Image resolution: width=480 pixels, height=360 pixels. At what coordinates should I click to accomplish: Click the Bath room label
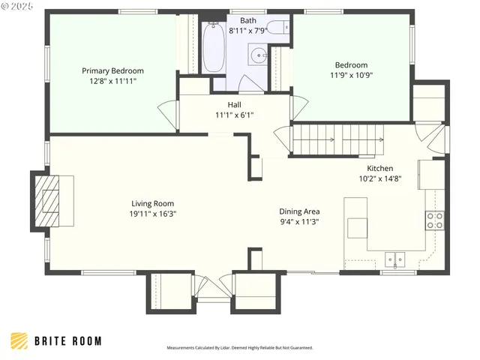point(247,20)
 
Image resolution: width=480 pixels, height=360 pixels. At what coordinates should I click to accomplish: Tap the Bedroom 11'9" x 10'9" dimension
point(352,75)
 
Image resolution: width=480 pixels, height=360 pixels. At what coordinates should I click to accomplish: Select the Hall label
point(234,105)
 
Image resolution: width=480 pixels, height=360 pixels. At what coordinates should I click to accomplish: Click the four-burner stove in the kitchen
point(434,220)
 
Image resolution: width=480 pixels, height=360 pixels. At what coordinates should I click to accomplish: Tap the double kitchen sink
point(394,260)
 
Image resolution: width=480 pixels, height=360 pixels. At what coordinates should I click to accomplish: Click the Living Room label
point(153,203)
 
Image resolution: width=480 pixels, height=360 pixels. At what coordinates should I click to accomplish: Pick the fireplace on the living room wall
point(52,199)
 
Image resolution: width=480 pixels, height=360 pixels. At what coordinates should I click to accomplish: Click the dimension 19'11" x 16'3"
point(153,213)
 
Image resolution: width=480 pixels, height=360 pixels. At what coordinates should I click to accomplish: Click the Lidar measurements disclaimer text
point(239,348)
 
